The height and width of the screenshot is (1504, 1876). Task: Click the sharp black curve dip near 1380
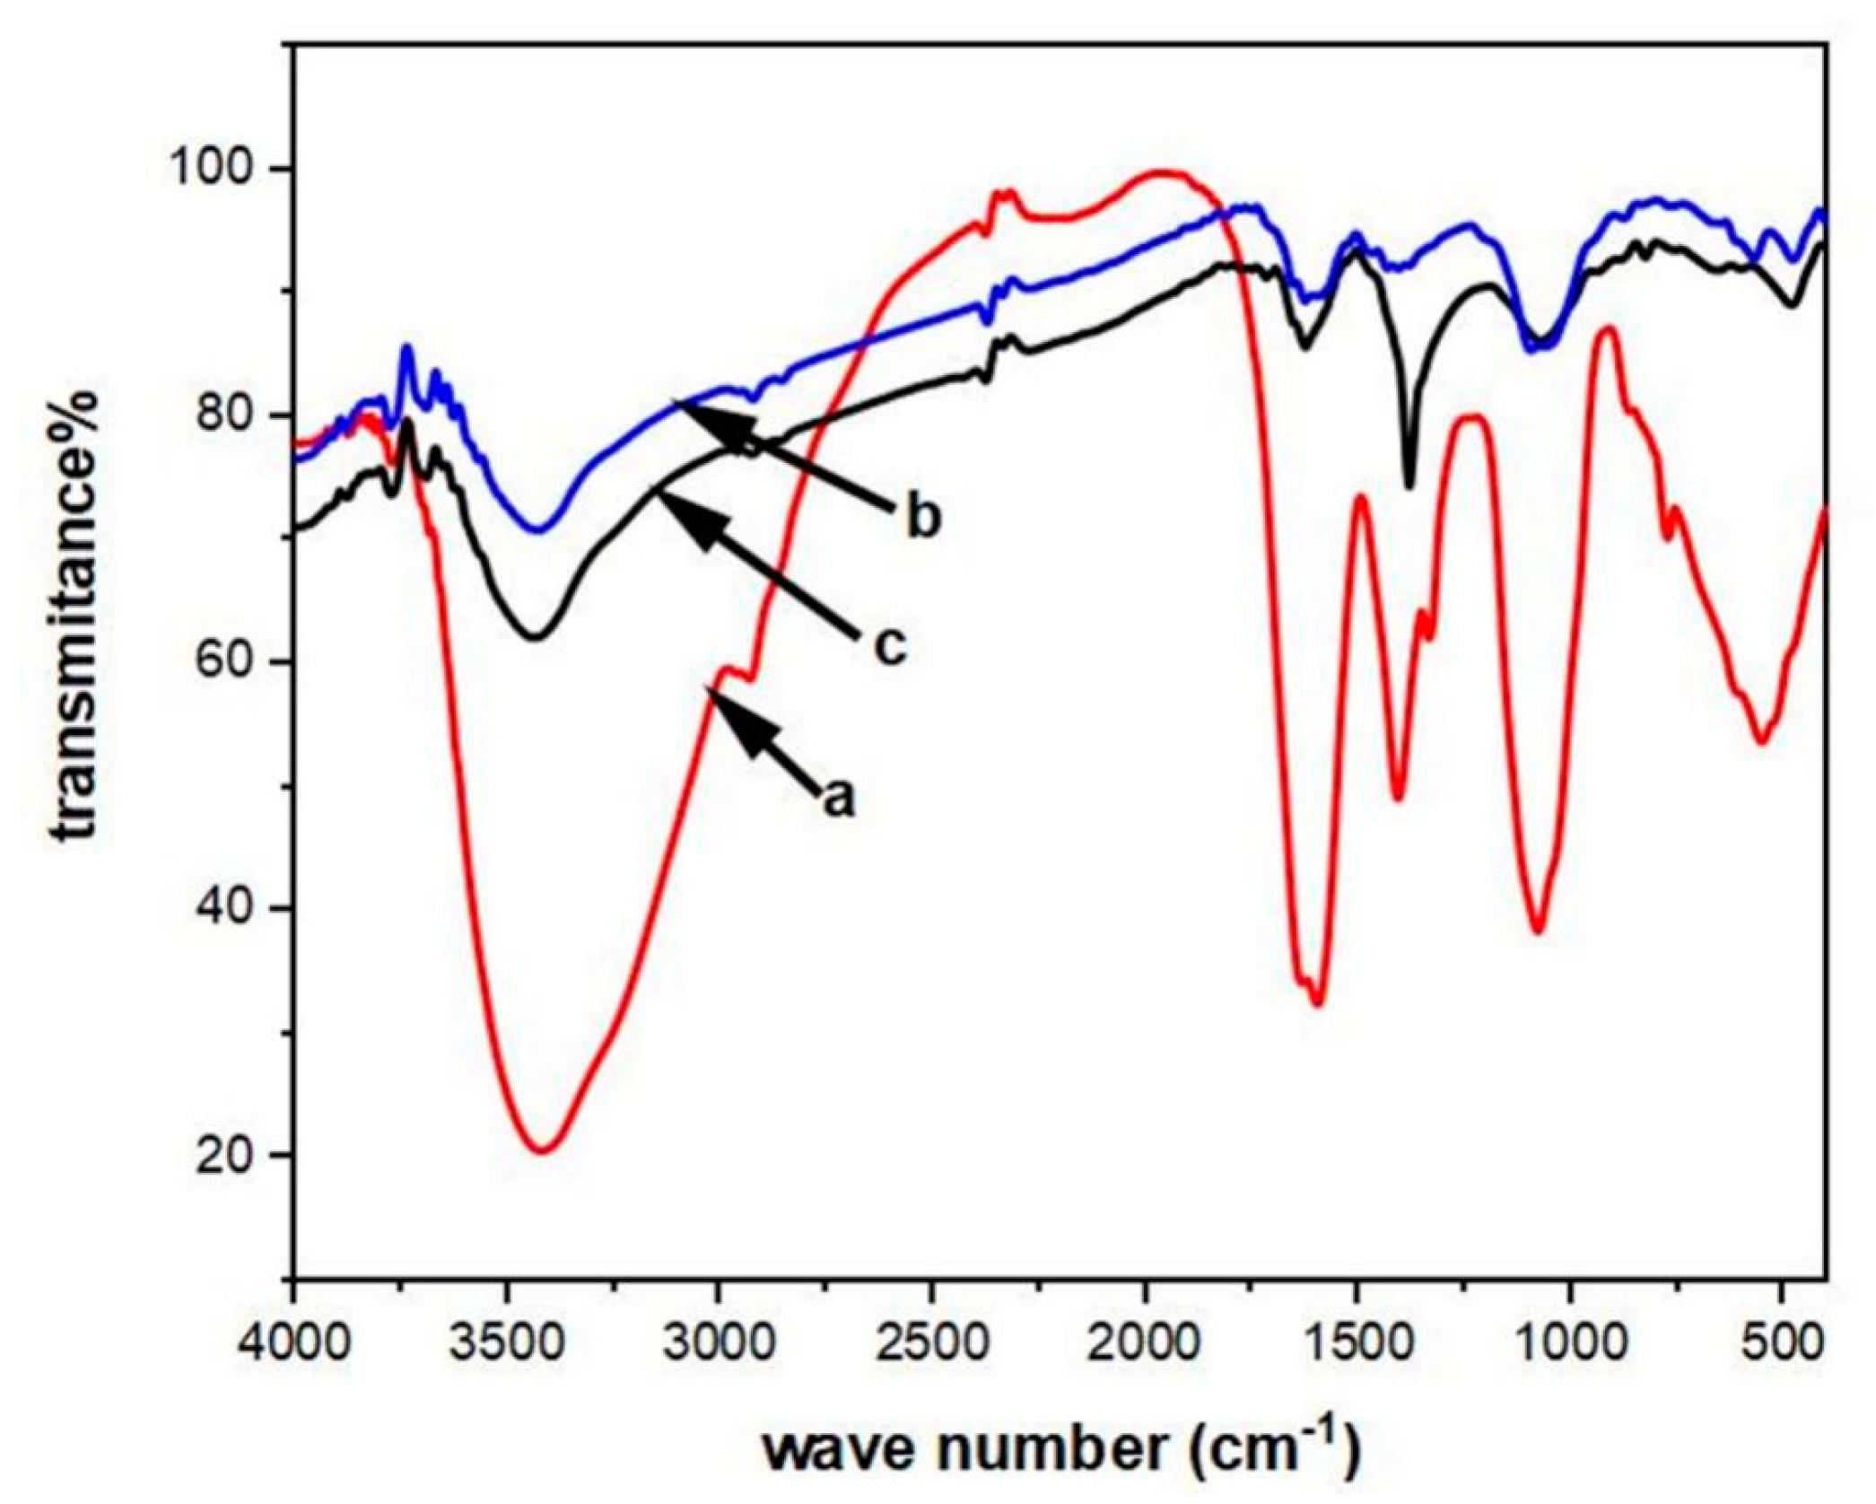click(1409, 485)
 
